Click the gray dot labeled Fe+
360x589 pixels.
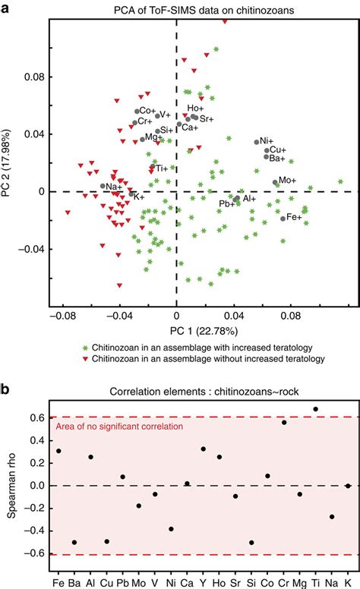coord(283,219)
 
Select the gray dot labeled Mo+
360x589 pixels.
coord(276,182)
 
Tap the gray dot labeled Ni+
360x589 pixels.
coord(257,142)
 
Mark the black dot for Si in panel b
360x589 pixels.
coord(251,543)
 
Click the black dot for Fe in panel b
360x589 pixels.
coord(58,451)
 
